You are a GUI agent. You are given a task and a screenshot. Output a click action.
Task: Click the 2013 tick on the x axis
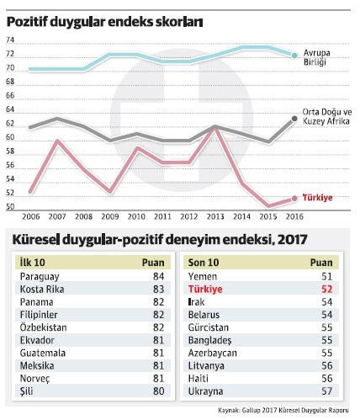pos(214,215)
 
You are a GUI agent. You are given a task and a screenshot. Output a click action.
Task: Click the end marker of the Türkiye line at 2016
pos(294,199)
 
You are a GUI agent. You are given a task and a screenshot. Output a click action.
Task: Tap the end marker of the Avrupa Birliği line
pos(294,56)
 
